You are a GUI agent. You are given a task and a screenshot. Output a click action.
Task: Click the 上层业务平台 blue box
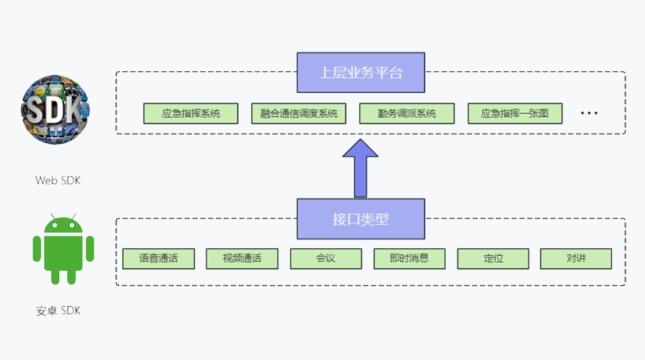pos(361,73)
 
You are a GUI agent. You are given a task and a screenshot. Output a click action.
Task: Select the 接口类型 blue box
pos(361,219)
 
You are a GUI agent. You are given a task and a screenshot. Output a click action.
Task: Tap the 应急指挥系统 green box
pos(190,113)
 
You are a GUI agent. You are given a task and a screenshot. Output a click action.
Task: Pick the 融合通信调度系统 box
pos(298,113)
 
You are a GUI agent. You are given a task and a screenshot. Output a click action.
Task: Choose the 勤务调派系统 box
pos(406,113)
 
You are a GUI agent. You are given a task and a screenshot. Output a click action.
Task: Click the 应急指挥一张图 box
pos(515,113)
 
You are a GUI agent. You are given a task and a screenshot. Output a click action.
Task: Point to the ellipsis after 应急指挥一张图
pos(589,113)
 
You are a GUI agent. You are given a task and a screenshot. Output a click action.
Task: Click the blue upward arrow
pos(360,168)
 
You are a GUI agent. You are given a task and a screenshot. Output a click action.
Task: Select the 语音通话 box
pos(159,259)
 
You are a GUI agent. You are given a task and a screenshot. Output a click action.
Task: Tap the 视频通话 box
pos(242,259)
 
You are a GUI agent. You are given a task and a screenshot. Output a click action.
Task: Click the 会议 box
pos(326,259)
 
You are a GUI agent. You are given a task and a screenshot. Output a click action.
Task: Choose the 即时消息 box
pos(409,259)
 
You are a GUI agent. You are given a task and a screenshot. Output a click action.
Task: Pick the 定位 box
pos(493,259)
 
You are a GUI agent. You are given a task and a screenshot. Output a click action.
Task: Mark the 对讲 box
pos(576,259)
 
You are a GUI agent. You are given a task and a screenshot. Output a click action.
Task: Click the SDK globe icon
pos(55,109)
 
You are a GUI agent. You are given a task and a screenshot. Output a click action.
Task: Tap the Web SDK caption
pos(58,180)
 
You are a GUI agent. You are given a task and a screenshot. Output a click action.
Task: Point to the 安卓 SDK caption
pos(58,310)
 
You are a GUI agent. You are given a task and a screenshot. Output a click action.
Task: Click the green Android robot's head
pos(63,224)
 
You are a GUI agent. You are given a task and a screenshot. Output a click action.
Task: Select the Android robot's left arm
pos(37,248)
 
